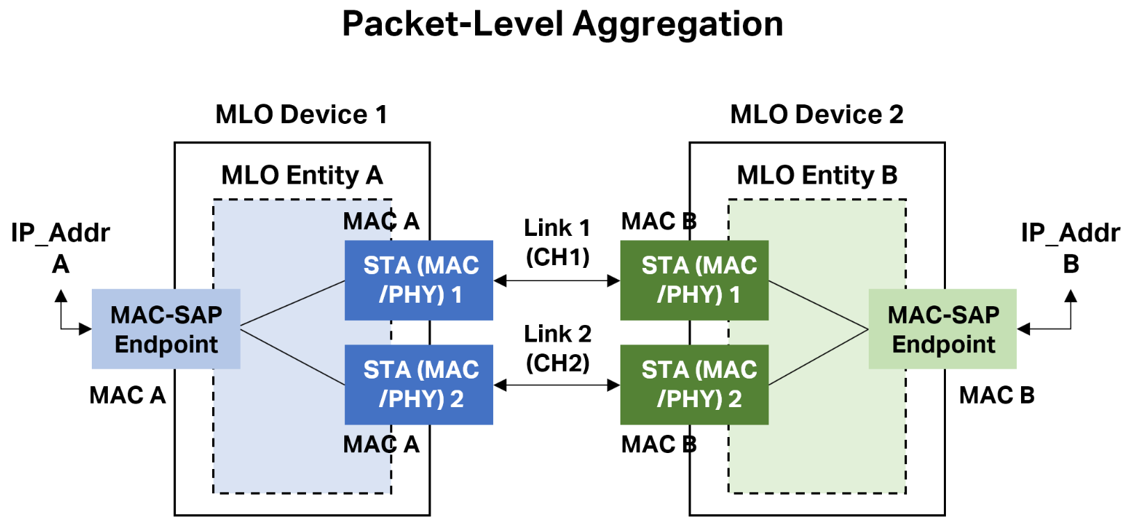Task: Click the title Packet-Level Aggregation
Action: pos(562,24)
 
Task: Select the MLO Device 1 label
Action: pos(301,114)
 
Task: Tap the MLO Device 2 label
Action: pos(817,114)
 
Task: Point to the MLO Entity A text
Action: pos(302,175)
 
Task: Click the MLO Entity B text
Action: pos(817,175)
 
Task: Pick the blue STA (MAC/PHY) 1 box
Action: pos(419,280)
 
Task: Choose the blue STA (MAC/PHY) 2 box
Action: pos(419,385)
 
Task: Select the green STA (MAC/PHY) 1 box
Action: pos(694,280)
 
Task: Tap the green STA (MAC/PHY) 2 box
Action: pos(694,385)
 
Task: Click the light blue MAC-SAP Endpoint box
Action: pos(166,329)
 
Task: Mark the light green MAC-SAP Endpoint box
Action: pos(942,329)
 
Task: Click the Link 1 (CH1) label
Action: pos(557,242)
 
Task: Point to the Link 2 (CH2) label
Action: pos(557,348)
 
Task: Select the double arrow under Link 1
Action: pos(556,281)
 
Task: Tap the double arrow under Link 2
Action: pos(556,385)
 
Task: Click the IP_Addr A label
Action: pos(61,248)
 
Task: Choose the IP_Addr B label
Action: pos(1070,248)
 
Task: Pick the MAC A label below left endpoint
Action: pos(127,395)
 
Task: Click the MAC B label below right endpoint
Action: pos(996,395)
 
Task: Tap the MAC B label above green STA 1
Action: pos(658,221)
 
